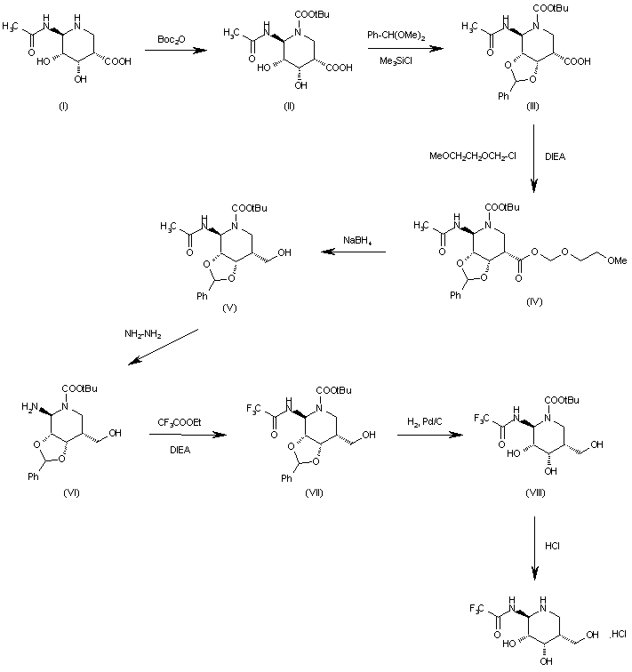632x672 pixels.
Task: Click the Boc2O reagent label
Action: pos(171,40)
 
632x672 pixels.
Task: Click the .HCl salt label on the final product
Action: pos(619,635)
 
